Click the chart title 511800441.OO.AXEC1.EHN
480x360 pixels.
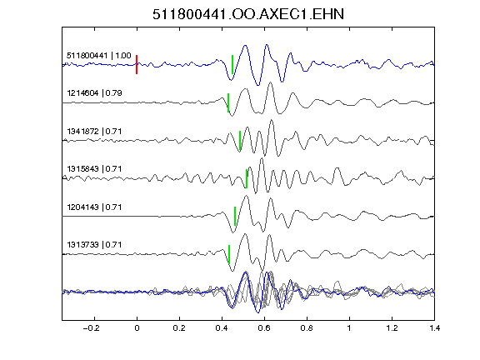pyautogui.click(x=248, y=14)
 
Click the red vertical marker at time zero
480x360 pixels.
pyautogui.click(x=137, y=65)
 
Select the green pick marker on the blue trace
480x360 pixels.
pyautogui.click(x=232, y=65)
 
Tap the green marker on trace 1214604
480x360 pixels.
pyautogui.click(x=228, y=102)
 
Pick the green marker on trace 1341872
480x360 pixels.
pyautogui.click(x=240, y=141)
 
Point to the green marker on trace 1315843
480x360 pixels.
pyautogui.click(x=247, y=178)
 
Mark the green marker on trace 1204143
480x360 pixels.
pyautogui.click(x=235, y=216)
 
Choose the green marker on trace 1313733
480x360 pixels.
pyautogui.click(x=229, y=254)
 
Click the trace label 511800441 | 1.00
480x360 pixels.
pyautogui.click(x=99, y=56)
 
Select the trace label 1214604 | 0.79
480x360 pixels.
pyautogui.click(x=94, y=93)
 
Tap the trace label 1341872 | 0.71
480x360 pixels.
pyautogui.click(x=94, y=132)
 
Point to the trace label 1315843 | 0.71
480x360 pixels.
pyautogui.click(x=94, y=169)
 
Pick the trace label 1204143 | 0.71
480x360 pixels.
pyautogui.click(x=94, y=207)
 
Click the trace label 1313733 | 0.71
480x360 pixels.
pyautogui.click(x=94, y=245)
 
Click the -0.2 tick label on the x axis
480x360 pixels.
pyautogui.click(x=92, y=328)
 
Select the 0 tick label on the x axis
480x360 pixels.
pyautogui.click(x=137, y=328)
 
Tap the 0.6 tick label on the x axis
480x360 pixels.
pyautogui.click(x=264, y=328)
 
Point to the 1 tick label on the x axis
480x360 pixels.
pyautogui.click(x=349, y=328)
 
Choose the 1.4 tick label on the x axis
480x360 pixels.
pyautogui.click(x=434, y=328)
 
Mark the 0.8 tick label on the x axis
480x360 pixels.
pyautogui.click(x=307, y=328)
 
